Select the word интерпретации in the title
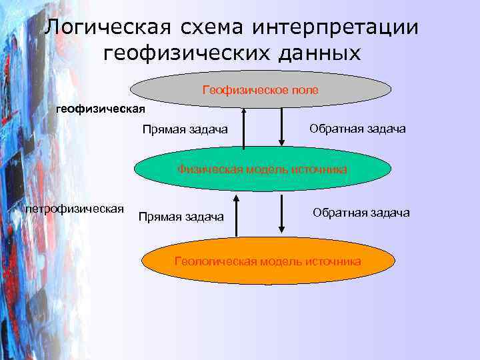point(338,29)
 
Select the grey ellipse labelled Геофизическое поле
point(260,89)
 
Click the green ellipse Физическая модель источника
point(262,169)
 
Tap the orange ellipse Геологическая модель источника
point(267,261)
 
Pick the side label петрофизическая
point(74,209)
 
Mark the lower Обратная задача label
point(361,213)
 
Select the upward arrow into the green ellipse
point(235,215)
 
